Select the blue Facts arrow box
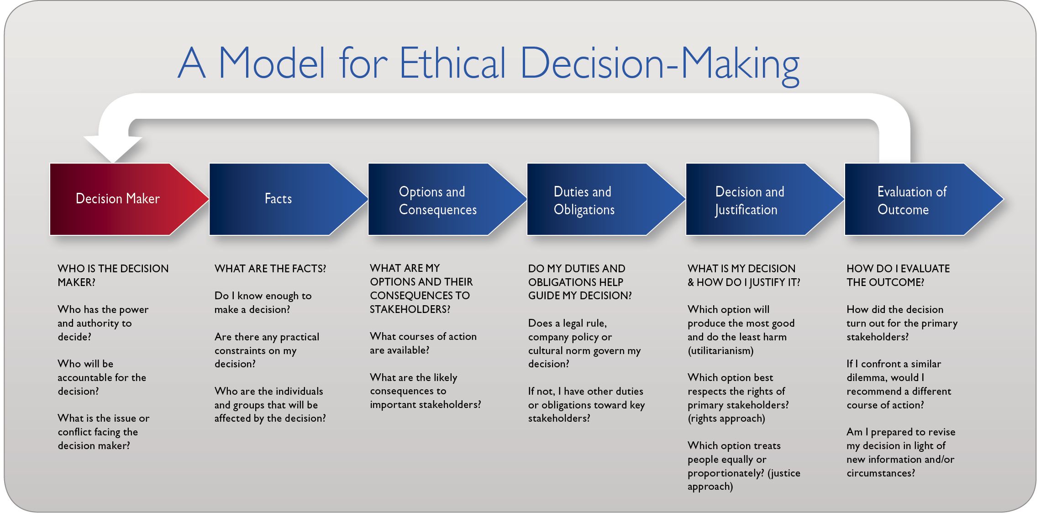[278, 199]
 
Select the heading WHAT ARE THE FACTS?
[270, 269]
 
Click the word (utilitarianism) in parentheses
[720, 351]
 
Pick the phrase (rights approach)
[726, 419]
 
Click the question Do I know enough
[263, 302]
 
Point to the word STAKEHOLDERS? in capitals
[410, 309]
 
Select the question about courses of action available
[423, 343]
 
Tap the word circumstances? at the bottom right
[881, 473]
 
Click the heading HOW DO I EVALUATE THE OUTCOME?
[898, 275]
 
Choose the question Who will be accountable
[101, 377]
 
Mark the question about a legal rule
[584, 343]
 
